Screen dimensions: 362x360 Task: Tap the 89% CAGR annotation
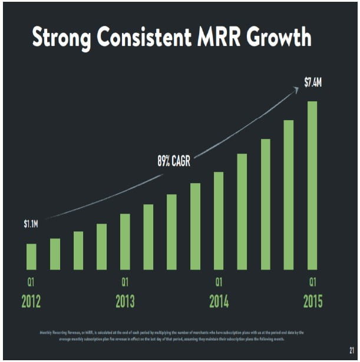173,161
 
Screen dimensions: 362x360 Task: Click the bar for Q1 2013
125,241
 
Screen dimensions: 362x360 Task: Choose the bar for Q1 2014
219,221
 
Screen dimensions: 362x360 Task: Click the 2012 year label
31,302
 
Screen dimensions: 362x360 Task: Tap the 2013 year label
125,302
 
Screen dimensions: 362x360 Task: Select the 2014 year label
219,302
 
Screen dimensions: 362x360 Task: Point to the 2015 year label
312,302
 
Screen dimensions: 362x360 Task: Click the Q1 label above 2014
219,281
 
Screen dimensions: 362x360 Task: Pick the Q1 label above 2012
31,281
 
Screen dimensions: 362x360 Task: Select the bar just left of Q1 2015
289,195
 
